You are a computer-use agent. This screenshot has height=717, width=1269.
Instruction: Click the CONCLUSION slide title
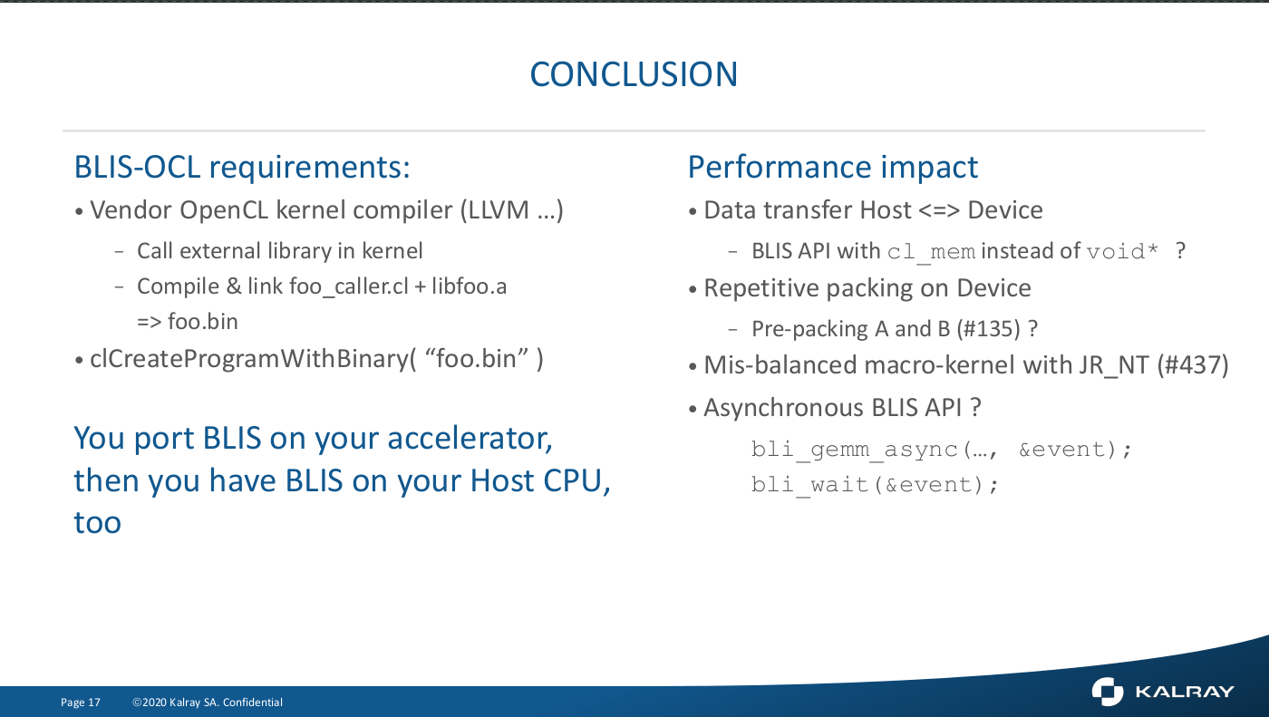coord(634,74)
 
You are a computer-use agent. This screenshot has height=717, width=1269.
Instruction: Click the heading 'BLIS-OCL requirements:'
coord(242,167)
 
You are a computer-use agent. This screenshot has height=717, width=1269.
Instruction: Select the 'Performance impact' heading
coord(833,167)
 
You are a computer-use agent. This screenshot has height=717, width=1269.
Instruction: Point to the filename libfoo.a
coord(470,286)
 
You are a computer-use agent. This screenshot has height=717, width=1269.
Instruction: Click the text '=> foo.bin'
coord(188,322)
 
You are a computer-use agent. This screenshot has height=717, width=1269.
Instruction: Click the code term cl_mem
coord(932,251)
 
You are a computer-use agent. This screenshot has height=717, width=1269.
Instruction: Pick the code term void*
coord(1123,251)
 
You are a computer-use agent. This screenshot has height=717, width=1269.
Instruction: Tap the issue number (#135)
coord(989,328)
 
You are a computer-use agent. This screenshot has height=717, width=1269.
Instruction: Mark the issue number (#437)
coord(1193,364)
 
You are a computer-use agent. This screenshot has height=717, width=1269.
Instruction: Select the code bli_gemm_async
coord(854,450)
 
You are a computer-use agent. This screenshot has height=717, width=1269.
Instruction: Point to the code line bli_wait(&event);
coord(874,485)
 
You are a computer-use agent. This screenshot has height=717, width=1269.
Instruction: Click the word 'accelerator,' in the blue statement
coord(470,439)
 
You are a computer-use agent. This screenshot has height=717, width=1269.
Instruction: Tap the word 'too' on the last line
coord(98,522)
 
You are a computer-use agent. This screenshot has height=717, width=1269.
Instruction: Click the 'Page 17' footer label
coord(81,702)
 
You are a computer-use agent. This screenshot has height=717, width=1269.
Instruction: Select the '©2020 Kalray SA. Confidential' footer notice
coord(208,702)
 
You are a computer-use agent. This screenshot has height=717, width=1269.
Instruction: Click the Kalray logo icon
coord(1107,692)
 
